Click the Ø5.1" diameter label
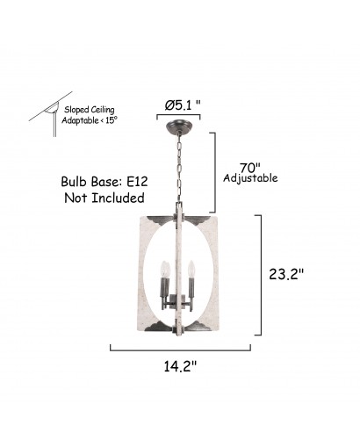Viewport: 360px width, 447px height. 183,105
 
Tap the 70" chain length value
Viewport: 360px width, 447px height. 250,168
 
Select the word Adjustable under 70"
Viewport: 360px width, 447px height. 250,178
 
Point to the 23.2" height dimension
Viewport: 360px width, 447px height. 286,274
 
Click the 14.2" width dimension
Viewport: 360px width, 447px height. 180,366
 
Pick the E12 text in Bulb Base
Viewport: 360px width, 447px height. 137,182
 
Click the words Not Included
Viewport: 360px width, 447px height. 104,198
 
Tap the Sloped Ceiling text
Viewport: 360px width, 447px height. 90,110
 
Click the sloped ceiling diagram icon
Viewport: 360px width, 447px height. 50,113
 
